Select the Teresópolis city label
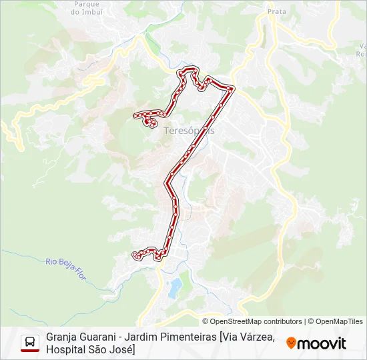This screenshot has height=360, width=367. (x=189, y=131)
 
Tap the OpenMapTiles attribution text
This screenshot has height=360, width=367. (x=340, y=321)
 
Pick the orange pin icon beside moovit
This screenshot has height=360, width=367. (x=291, y=343)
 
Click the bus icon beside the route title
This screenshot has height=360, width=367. (x=30, y=343)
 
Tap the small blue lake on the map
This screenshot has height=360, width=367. (x=175, y=288)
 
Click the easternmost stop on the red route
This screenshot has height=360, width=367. (x=232, y=89)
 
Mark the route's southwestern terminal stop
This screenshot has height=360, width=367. (x=135, y=255)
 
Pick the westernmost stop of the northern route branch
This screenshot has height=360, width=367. (x=137, y=115)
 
